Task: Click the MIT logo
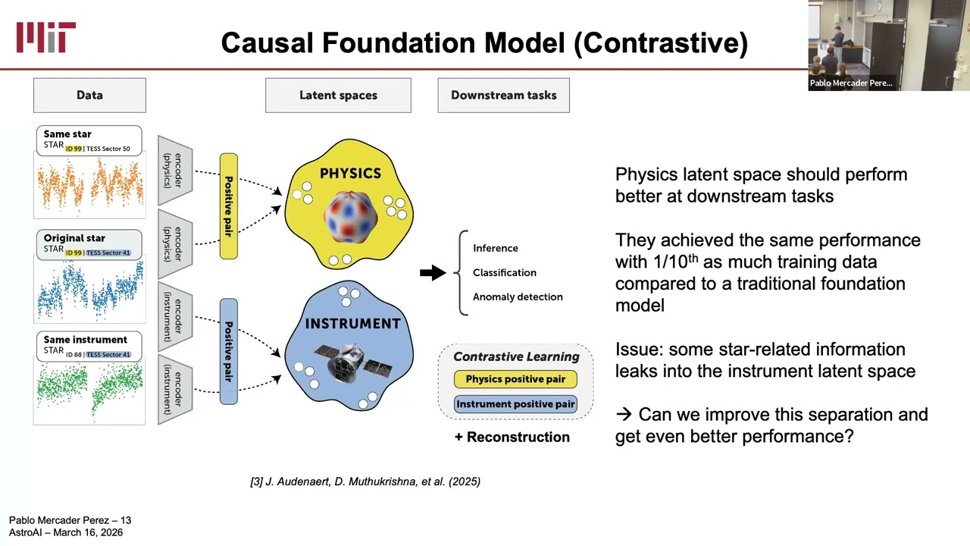point(46,37)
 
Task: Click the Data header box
point(89,96)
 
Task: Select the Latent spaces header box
point(338,96)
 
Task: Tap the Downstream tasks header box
point(504,96)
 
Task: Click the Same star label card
point(89,141)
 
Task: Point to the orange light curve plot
point(89,187)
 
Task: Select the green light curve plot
point(89,391)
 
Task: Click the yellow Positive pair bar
point(229,206)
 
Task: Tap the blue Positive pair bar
point(229,351)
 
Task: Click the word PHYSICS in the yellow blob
point(350,174)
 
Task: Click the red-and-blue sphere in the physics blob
point(350,217)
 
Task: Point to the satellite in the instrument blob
point(353,364)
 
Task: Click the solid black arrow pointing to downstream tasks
point(433,272)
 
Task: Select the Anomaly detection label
point(518,297)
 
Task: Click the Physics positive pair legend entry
point(515,379)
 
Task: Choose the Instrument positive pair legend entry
point(515,404)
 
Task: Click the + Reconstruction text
point(512,437)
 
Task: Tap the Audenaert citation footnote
point(365,482)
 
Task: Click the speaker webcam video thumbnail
point(889,45)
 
